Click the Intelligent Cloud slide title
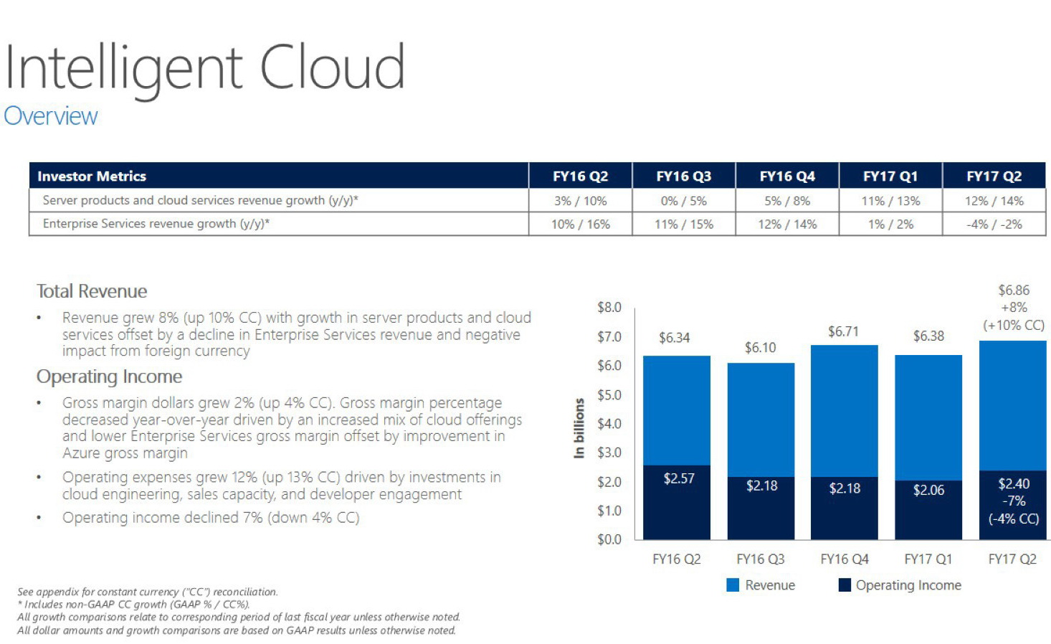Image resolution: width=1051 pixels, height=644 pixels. click(x=205, y=68)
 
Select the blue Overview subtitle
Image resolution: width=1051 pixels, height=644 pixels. click(x=51, y=116)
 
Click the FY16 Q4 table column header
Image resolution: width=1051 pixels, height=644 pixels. click(x=786, y=176)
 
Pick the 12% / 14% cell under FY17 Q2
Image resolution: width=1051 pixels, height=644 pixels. click(x=994, y=201)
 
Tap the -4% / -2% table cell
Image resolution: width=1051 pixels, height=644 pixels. click(x=994, y=224)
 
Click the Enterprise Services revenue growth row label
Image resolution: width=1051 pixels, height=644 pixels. click(x=156, y=224)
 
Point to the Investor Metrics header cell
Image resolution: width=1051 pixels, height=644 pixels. click(x=92, y=176)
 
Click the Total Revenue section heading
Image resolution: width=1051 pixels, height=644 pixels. click(x=92, y=291)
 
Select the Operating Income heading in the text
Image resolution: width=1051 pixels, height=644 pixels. click(x=109, y=377)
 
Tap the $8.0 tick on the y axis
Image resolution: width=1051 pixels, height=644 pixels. click(x=609, y=308)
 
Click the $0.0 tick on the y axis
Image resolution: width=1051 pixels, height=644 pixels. click(x=609, y=539)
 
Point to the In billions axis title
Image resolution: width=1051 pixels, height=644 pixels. click(x=579, y=428)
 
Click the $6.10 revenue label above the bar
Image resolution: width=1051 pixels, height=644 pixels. click(x=760, y=348)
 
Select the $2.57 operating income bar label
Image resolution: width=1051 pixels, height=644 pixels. click(x=678, y=478)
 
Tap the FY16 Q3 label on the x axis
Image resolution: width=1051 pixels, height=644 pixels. click(x=760, y=559)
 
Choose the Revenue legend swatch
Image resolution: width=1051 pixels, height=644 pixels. click(x=733, y=585)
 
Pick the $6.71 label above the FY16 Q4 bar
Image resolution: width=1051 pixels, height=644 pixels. click(x=843, y=331)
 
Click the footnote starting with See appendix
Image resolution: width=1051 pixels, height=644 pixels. click(x=147, y=592)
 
